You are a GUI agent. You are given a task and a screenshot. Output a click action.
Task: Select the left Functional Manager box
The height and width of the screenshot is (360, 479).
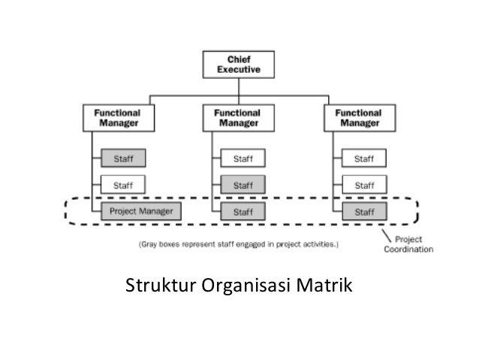(116, 117)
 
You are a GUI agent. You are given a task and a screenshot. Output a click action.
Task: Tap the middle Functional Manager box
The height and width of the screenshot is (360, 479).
(236, 117)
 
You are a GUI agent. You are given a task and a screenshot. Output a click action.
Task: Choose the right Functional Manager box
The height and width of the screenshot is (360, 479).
(359, 117)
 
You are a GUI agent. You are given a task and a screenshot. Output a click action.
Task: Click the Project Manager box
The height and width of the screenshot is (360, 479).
(140, 211)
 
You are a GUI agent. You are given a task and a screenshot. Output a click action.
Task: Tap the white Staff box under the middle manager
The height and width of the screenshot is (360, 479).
(242, 159)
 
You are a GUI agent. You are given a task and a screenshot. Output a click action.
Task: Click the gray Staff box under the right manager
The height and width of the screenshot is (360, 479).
(363, 211)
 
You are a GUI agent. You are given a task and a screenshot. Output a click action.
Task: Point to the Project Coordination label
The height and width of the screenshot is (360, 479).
(408, 245)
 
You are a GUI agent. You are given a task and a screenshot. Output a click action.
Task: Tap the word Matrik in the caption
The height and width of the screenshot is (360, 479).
(327, 286)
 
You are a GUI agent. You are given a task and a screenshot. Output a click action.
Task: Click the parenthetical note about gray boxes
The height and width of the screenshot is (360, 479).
(239, 244)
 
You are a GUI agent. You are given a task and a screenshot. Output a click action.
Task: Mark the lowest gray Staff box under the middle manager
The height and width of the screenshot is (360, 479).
(242, 211)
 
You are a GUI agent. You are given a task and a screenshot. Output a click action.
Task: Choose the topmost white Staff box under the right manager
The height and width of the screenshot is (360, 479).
(363, 159)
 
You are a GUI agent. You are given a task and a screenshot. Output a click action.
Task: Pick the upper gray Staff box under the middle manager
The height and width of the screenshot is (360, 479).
(242, 185)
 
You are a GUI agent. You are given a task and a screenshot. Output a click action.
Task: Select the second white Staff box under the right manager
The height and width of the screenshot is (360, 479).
(363, 185)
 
